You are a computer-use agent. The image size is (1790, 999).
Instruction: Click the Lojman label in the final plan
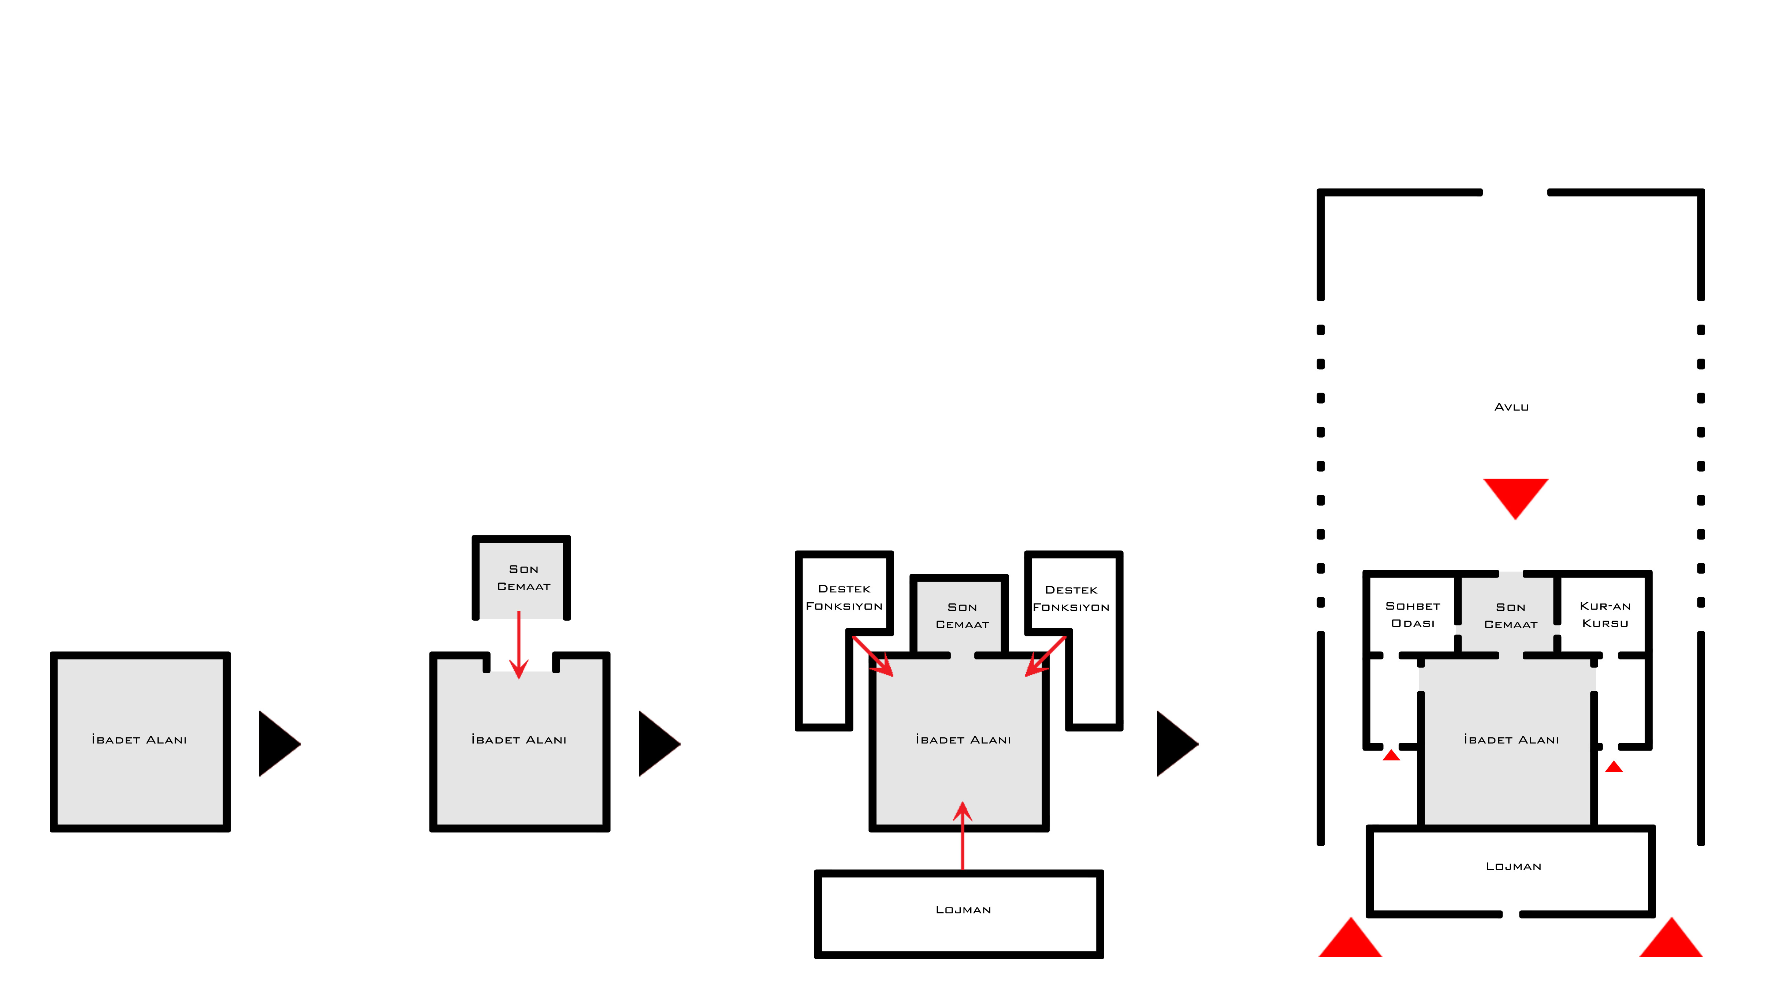pos(1514,866)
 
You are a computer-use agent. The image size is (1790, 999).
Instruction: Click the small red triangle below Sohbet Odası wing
pos(1391,755)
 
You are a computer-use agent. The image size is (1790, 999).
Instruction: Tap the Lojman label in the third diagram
pos(963,910)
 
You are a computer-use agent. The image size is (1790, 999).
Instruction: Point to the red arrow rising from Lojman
pos(963,836)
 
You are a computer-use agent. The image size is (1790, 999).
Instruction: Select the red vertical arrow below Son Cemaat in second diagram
pos(518,645)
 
